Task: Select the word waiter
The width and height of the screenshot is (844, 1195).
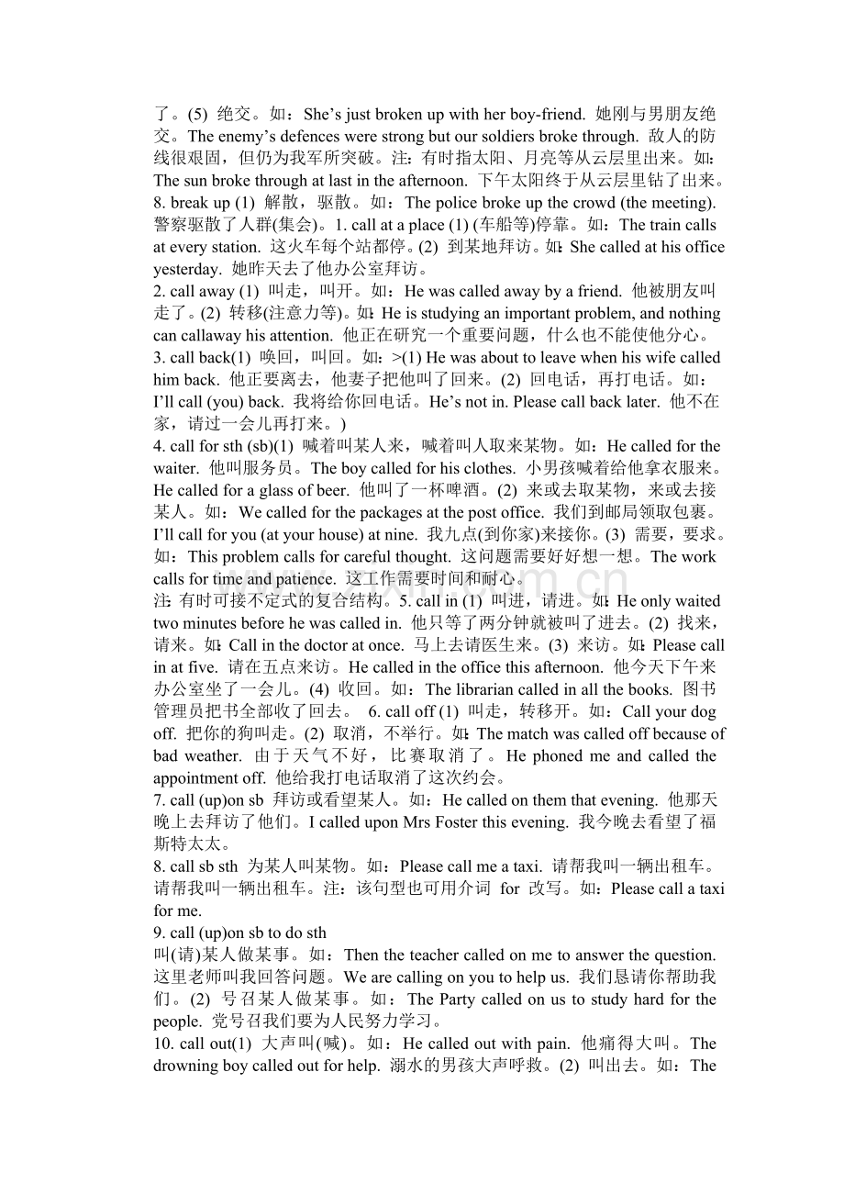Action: tap(175, 469)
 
